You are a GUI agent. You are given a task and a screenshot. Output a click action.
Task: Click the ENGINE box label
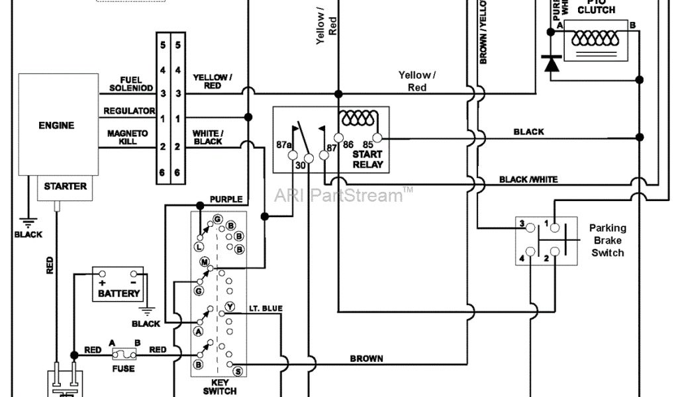tap(56, 126)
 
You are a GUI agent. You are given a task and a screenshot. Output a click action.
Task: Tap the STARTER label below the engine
tap(65, 187)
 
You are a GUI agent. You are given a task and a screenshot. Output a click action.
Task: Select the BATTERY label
tap(119, 293)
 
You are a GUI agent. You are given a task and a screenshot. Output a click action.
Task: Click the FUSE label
tap(124, 369)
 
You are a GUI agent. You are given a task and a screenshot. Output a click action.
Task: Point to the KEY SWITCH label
tap(219, 386)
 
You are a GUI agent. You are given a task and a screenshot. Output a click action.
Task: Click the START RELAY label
tap(368, 159)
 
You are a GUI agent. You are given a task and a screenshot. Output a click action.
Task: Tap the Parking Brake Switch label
tap(607, 240)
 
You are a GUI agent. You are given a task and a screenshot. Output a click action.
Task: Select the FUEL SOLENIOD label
tap(131, 84)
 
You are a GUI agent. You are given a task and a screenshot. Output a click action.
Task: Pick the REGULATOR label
tap(129, 110)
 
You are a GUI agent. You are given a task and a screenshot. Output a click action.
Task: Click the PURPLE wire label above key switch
tap(226, 199)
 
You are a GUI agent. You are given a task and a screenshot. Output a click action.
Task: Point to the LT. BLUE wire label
tap(266, 308)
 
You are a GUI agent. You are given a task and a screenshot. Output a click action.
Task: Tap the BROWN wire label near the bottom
tap(367, 359)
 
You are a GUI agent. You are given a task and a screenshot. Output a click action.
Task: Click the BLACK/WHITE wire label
tap(528, 179)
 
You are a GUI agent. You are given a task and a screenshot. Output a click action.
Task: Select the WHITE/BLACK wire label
tap(207, 137)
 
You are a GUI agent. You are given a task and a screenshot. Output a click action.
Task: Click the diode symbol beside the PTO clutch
tap(551, 64)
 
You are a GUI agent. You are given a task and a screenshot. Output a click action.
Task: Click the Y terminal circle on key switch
tap(230, 306)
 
